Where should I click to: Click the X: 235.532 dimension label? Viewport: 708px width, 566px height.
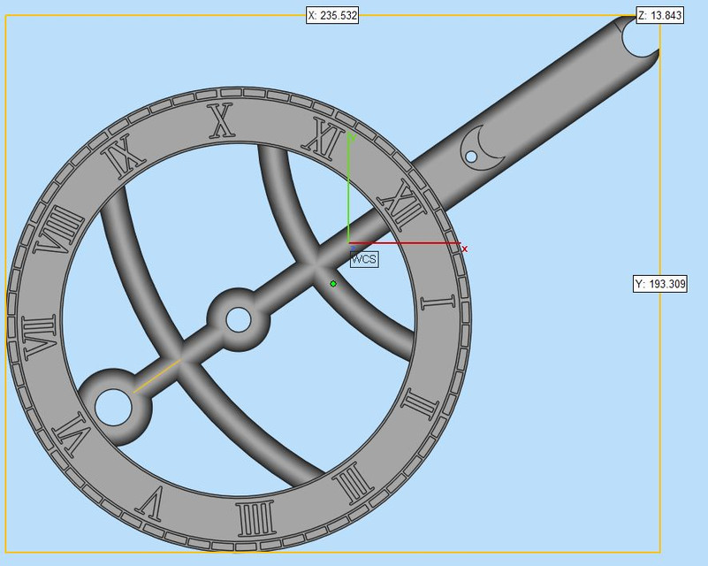332,15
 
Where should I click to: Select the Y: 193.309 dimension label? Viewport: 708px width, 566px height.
659,284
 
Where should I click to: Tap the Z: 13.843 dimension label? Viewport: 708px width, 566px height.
659,15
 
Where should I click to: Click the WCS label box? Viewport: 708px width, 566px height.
364,259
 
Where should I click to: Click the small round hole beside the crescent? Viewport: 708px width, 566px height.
471,157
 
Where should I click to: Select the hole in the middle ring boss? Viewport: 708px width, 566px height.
239,319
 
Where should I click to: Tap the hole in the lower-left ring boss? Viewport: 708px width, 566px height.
113,407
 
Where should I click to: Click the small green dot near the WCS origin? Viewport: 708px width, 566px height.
333,284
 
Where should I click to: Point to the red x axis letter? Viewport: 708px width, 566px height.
464,249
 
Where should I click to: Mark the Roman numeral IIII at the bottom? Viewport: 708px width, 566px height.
253,519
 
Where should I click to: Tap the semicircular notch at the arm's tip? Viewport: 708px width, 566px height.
640,37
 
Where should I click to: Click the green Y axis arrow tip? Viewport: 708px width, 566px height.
349,135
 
